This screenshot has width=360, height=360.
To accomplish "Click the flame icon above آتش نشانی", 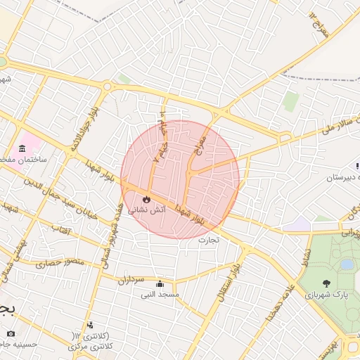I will (147, 200).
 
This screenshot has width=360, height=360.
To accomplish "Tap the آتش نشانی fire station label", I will (147, 210).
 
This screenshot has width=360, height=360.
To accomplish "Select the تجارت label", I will (209, 240).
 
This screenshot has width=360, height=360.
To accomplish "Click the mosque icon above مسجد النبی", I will (161, 284).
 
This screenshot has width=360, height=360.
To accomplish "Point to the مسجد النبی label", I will (161, 295).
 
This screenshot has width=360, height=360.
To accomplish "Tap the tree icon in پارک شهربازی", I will (326, 283).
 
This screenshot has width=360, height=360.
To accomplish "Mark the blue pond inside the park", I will (347, 264).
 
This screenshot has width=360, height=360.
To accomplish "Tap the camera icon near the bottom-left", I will (10, 333).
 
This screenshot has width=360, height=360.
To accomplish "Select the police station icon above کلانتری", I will (90, 326).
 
